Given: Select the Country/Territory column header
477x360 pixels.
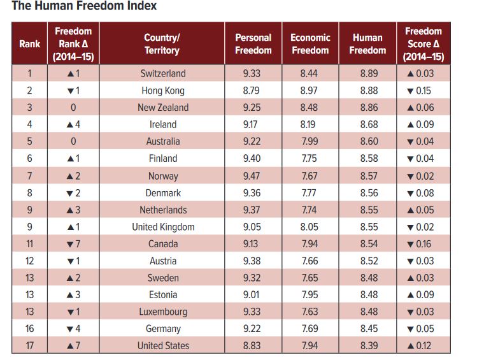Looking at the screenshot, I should tap(162, 44).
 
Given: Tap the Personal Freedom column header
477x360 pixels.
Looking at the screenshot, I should tap(253, 44).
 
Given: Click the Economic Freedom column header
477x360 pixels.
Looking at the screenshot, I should tap(310, 44).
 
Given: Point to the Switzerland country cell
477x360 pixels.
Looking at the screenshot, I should tap(163, 73).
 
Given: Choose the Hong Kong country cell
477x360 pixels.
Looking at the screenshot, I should tap(163, 90).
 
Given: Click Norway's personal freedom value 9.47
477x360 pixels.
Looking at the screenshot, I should tap(251, 176).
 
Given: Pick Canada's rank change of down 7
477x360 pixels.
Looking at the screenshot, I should tap(73, 244).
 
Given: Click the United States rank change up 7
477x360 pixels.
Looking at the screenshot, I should tap(73, 346).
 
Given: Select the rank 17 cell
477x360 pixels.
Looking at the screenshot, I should tap(29, 346).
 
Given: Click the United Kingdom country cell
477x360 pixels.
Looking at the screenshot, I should tap(163, 227).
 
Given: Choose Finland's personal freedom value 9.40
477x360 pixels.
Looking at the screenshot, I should tap(251, 159).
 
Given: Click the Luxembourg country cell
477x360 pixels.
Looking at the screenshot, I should tap(163, 312).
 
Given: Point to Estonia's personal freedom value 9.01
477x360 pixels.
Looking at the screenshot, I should tap(251, 295).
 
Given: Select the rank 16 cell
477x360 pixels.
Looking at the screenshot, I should tap(29, 329).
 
